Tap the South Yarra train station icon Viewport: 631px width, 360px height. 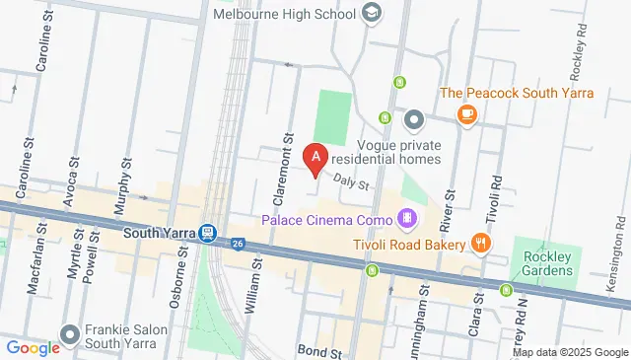point(207,234)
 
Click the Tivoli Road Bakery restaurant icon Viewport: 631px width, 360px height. point(481,243)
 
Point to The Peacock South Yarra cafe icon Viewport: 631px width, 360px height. point(466,114)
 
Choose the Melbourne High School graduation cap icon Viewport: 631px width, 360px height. point(372,14)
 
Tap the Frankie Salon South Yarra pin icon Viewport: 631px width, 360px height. point(69,334)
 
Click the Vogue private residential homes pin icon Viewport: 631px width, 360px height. point(414,121)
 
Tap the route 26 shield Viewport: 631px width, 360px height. point(239,243)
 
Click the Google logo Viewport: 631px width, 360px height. point(33,347)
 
